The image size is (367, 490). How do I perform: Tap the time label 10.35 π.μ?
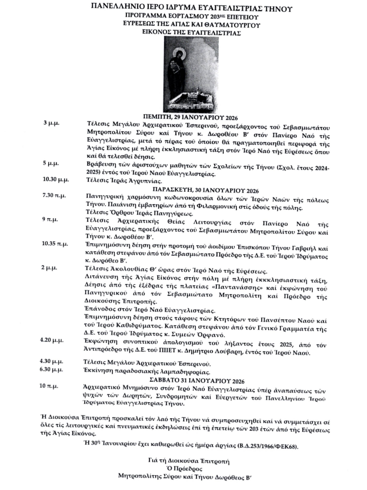pyautogui.click(x=55, y=243)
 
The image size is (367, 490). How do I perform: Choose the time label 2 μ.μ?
pyautogui.click(x=49, y=268)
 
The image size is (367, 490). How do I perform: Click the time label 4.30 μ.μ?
pyautogui.click(x=52, y=361)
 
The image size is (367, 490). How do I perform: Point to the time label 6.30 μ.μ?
pyautogui.click(x=52, y=369)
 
